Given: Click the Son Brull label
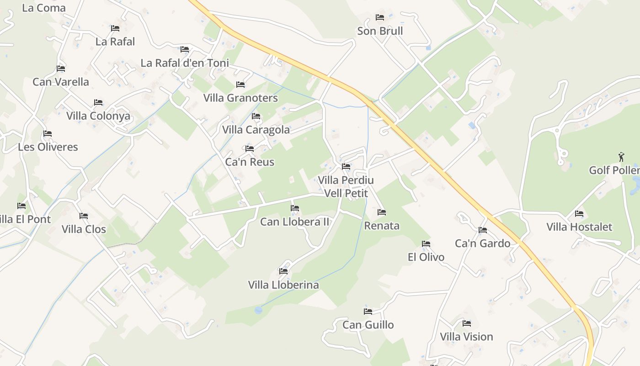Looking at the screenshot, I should pos(380,31).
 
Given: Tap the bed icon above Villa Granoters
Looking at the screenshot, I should pos(240,85).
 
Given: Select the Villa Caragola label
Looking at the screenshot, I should pos(256,130).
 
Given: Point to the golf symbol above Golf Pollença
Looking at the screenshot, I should pos(621,157).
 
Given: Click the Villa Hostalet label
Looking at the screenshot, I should pos(579,227).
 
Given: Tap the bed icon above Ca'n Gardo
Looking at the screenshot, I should pos(483,230).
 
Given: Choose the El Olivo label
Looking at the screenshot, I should pos(426,257).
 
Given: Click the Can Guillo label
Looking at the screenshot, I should pos(368,325).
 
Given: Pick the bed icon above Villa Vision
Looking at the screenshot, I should pos(467,323).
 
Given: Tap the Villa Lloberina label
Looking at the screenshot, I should pos(283,285).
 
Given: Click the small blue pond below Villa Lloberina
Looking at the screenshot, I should pos(258,310).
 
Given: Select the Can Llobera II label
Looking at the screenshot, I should pos(294,222).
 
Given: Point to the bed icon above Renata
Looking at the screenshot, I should pos(382,212).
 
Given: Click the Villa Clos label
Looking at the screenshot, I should pos(84,229).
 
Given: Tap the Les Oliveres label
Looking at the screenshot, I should pos(48,147).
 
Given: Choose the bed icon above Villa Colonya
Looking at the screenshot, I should pos(98,102).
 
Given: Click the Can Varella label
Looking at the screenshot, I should pos(61,82).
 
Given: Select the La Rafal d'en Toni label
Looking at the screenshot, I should pos(185,63).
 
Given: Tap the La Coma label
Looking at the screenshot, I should pos(44,8).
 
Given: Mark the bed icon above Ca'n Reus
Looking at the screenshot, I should pos(250,149).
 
